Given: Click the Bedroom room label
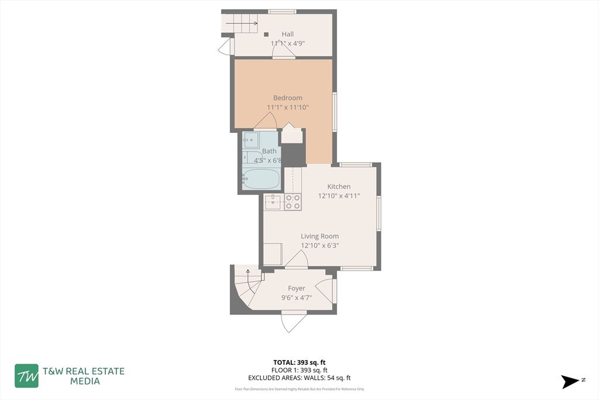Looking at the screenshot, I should click(288, 98).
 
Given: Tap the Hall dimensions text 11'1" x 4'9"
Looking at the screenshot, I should click(287, 43).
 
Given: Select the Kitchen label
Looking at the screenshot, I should click(339, 186).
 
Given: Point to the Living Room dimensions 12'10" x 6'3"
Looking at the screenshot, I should click(319, 246).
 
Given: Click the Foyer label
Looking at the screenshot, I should click(296, 288).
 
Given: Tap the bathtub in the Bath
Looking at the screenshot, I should click(261, 179).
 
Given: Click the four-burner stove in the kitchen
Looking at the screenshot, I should click(292, 202).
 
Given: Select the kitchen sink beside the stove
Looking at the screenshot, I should click(273, 202).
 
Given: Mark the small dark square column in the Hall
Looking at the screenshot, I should click(266, 34).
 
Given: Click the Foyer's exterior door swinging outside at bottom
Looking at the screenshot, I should click(293, 322).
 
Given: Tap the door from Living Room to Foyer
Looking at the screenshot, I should click(297, 260).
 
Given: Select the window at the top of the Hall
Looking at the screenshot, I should click(282, 11).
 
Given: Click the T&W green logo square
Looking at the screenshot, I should click(27, 376).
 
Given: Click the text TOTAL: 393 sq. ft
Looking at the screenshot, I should click(299, 362).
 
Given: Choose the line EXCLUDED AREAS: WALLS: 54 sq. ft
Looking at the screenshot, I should click(299, 378).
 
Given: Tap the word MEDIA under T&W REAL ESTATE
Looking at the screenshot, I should click(85, 381).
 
